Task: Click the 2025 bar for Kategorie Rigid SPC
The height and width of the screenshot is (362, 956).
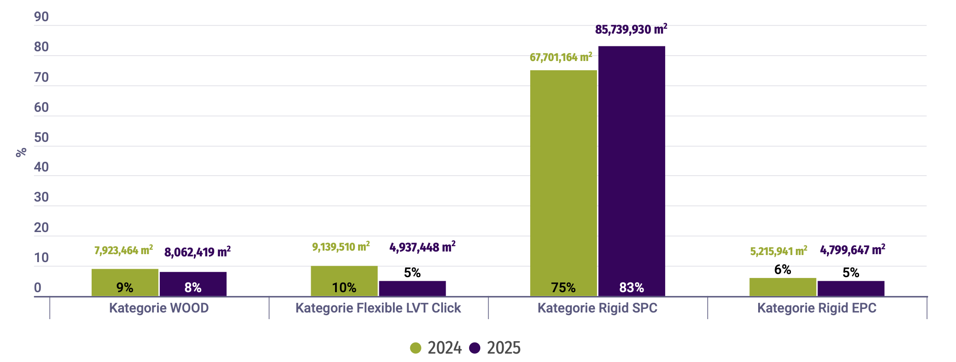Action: click(632, 168)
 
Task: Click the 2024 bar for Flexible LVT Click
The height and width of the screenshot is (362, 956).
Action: click(344, 276)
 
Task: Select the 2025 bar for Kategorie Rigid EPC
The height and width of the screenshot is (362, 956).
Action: click(851, 289)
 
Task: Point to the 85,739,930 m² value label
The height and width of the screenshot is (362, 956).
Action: click(631, 30)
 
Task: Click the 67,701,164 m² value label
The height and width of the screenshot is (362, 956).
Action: click(561, 57)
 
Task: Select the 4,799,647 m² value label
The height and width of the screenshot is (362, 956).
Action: click(852, 250)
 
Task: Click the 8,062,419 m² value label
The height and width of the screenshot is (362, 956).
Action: click(197, 252)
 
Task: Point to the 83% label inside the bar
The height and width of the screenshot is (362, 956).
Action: click(632, 288)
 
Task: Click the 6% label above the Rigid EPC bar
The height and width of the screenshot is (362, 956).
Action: click(783, 270)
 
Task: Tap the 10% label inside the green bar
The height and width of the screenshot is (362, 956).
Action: click(344, 288)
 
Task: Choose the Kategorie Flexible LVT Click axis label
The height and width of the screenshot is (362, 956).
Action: click(378, 308)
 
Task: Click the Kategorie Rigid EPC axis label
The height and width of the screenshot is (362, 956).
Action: click(817, 308)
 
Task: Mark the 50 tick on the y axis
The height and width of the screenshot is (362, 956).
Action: click(41, 137)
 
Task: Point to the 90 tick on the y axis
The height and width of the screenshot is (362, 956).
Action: click(41, 17)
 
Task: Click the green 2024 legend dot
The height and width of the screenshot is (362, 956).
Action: click(416, 348)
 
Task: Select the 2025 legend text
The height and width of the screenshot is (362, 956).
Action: click(504, 348)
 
